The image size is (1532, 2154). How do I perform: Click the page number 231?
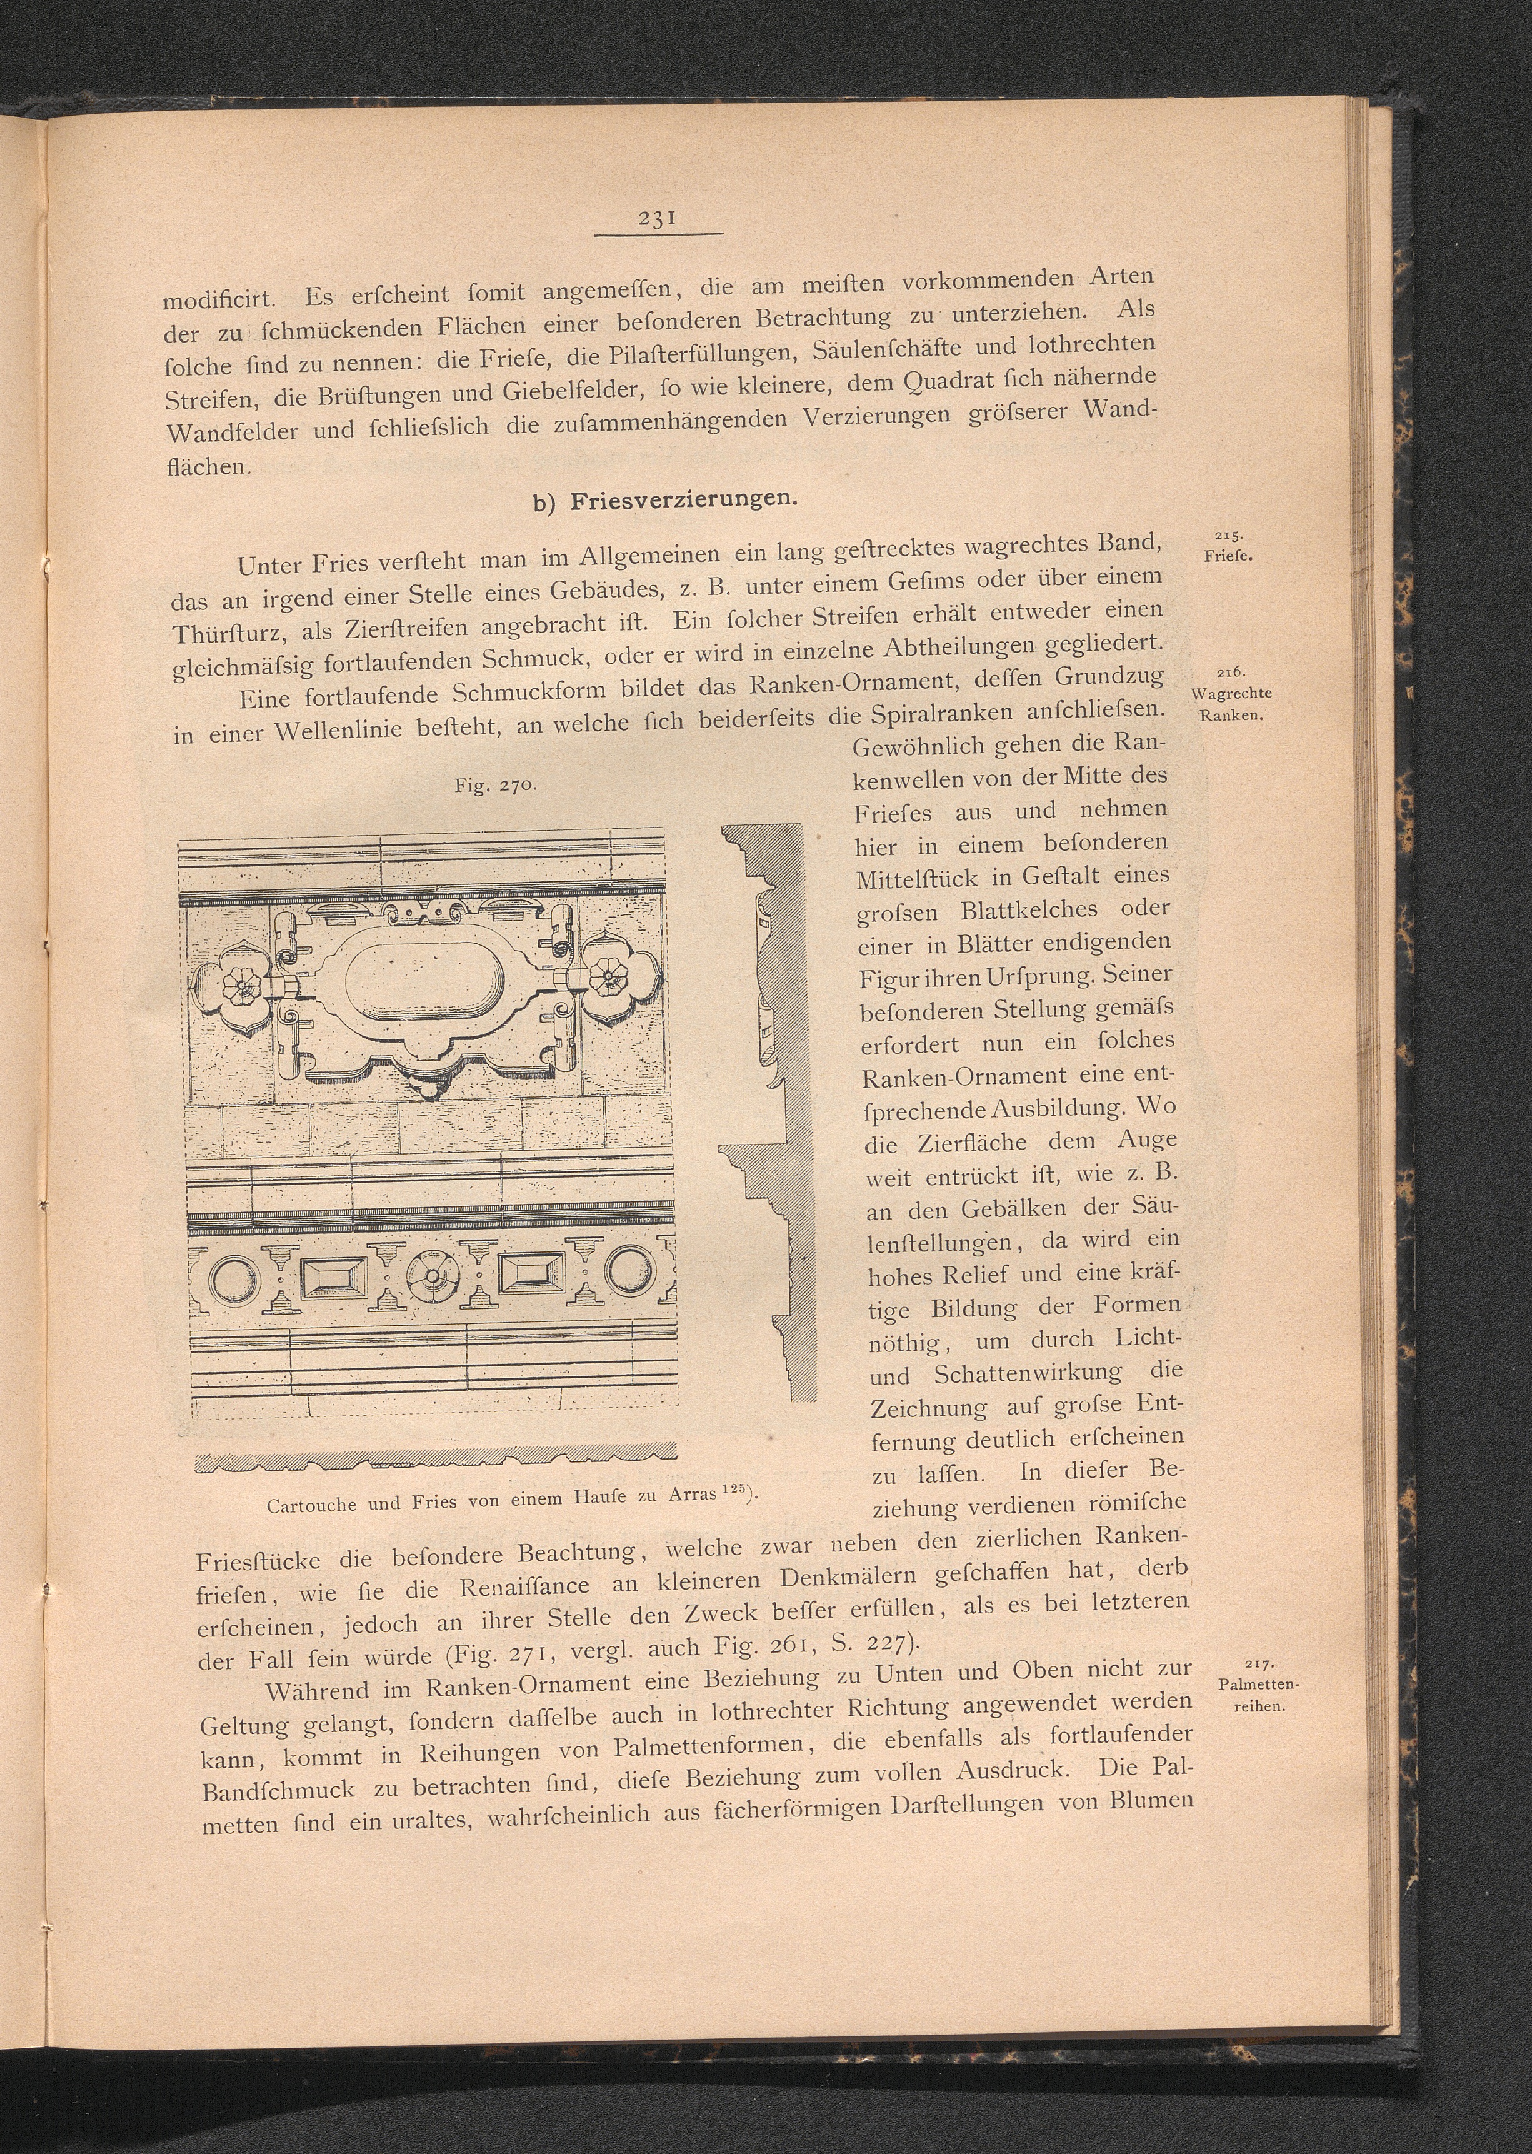click(x=654, y=218)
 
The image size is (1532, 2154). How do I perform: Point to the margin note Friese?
click(x=1228, y=555)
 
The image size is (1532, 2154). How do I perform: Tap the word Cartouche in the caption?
click(x=311, y=1505)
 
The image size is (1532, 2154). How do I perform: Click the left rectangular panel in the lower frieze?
click(x=332, y=1278)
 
